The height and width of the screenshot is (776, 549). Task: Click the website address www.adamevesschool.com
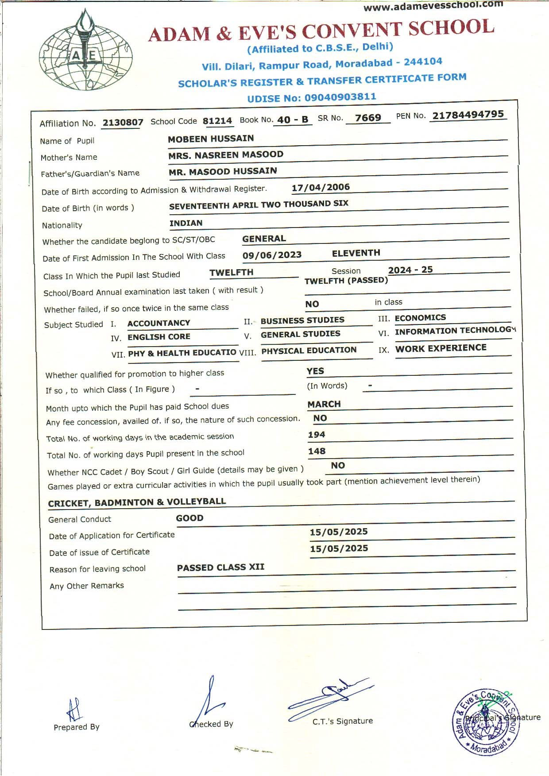coord(433,6)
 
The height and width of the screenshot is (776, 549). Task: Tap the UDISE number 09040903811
coord(340,97)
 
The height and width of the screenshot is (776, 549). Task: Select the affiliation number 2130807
coord(123,123)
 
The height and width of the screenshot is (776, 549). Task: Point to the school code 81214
coord(217,121)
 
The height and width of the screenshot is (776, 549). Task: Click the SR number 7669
coord(368,118)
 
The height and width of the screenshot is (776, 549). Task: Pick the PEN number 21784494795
coord(468,115)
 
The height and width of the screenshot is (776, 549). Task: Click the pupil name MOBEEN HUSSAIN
coord(211,139)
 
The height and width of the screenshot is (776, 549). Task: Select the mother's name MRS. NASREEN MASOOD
coord(226,155)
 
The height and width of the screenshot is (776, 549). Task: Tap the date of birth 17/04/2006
coord(321,187)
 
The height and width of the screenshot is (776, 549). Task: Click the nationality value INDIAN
coord(186,223)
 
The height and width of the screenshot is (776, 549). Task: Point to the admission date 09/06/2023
coord(272,255)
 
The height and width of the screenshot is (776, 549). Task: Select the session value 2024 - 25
coord(410,270)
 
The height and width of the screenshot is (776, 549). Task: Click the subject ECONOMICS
coord(420,318)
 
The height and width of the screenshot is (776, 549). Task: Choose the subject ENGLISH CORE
coord(159,337)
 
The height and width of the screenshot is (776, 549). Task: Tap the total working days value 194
coord(317,435)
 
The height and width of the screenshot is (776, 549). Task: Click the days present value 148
coord(317,451)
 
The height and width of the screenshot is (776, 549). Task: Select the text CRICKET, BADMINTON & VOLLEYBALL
coord(137,502)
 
